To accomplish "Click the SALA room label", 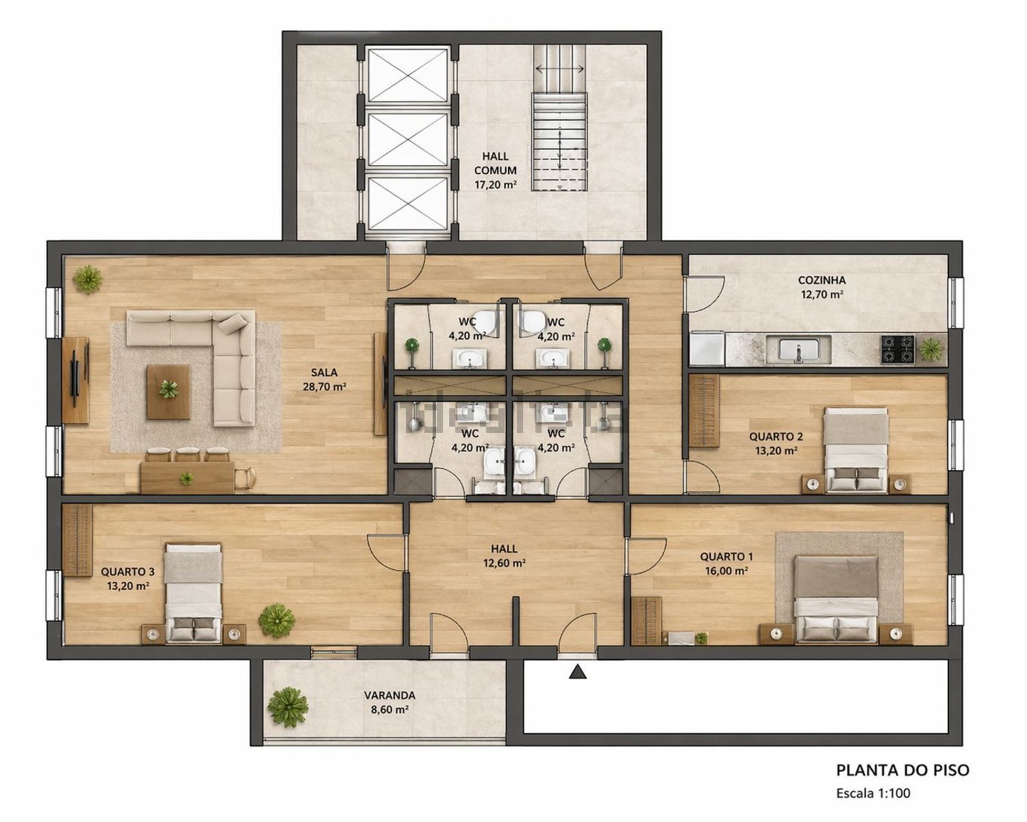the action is (x=324, y=372).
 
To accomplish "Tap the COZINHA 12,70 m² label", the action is (x=822, y=287).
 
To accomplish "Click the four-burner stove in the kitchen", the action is (x=898, y=349).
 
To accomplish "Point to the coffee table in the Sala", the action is (x=168, y=392).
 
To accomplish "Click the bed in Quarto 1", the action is (x=837, y=599).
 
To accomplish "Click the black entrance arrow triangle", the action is (x=578, y=672).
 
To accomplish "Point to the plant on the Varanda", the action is (x=288, y=708).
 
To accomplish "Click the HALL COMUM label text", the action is (x=495, y=163).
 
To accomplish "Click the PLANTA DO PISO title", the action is (x=903, y=771).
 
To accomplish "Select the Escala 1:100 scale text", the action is (x=874, y=793).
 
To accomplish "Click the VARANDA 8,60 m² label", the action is (x=390, y=703).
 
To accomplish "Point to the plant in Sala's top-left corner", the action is (x=88, y=279).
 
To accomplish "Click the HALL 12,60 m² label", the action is (x=505, y=556).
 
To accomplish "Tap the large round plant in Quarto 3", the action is (x=277, y=621).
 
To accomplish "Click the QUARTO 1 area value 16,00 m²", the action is (x=726, y=571).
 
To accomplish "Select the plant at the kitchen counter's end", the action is (x=930, y=349).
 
